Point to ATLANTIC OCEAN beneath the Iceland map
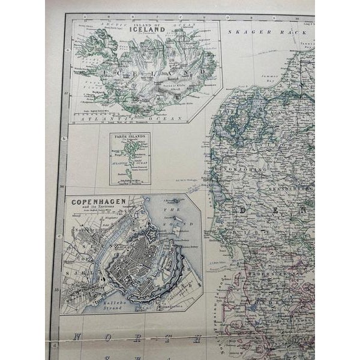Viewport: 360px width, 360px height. (144, 118)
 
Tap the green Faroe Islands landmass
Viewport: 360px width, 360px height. (128, 158)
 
